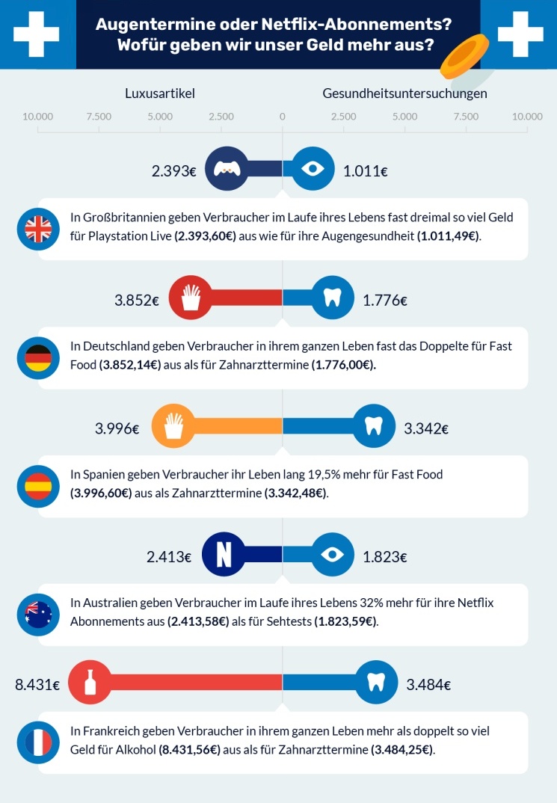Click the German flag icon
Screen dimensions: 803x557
point(37,359)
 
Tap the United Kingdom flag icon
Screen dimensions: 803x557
point(37,229)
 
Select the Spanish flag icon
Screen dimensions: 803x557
point(37,487)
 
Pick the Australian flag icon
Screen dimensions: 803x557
point(37,615)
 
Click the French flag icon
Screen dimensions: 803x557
point(37,742)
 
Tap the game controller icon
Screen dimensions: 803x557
point(225,170)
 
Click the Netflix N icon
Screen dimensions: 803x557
point(224,556)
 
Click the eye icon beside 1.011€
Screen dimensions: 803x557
point(313,170)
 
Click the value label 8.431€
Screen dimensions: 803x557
point(37,684)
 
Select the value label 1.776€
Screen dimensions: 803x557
point(385,301)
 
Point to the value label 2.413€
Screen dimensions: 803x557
point(169,557)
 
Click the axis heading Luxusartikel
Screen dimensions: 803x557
point(160,93)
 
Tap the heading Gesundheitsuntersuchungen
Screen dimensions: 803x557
point(404,93)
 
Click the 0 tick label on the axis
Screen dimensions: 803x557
point(282,117)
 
